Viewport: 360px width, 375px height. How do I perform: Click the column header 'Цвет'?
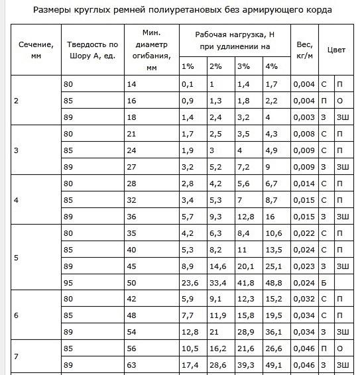click(x=336, y=50)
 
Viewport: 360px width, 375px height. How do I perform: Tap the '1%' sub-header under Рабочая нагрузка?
click(x=188, y=66)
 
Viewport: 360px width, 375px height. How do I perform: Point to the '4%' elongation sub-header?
click(x=271, y=66)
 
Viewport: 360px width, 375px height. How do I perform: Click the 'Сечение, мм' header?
click(x=36, y=50)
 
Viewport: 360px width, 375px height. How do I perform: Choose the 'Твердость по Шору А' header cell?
click(x=93, y=50)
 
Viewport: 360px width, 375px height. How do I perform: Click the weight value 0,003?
click(x=304, y=117)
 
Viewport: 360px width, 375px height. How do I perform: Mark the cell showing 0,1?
click(x=187, y=84)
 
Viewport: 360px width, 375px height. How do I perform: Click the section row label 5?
click(x=17, y=258)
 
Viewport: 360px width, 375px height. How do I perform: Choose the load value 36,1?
click(x=272, y=331)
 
